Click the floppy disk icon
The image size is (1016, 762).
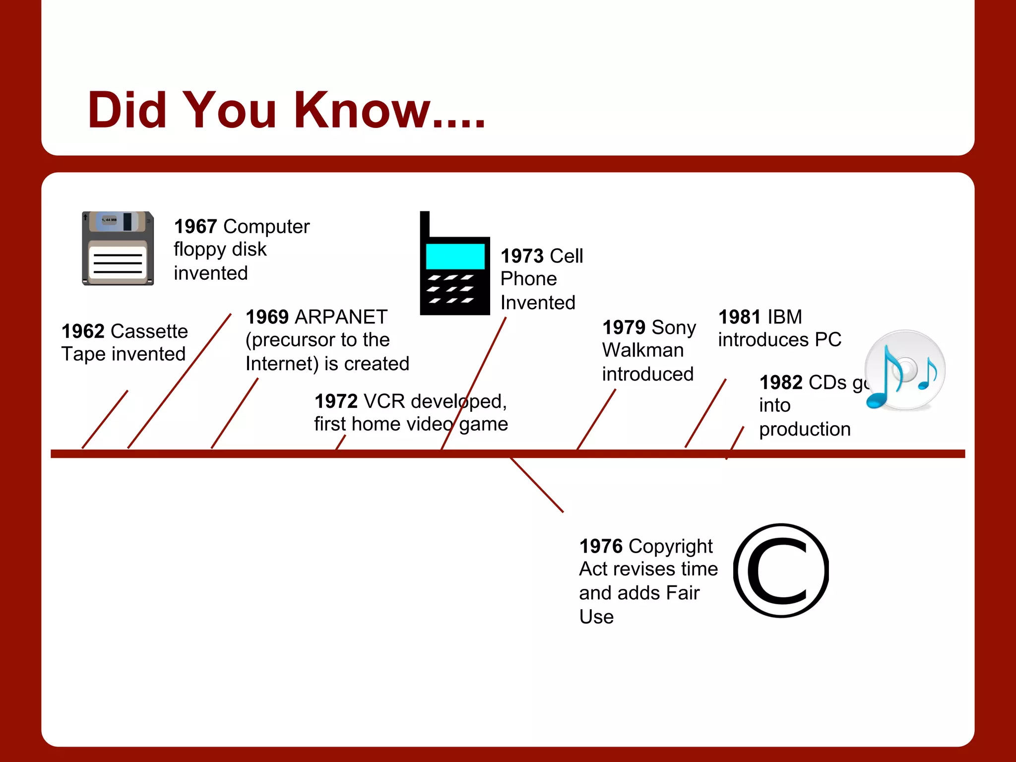coord(118,248)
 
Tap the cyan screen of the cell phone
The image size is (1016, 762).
coord(455,256)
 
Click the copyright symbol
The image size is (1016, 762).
coord(781,571)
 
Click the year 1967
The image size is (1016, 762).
coord(195,227)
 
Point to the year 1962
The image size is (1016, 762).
coord(83,331)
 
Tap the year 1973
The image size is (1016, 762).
coord(522,256)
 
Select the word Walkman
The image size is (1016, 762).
coord(643,350)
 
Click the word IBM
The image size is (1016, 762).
coord(784,317)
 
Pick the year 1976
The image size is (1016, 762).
coord(601,546)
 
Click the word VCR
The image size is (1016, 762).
coord(384,401)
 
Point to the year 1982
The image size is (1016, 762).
coord(781,382)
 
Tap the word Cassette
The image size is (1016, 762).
coord(149,331)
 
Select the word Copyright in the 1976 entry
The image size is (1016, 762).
coord(670,546)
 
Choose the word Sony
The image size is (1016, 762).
coord(673,327)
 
